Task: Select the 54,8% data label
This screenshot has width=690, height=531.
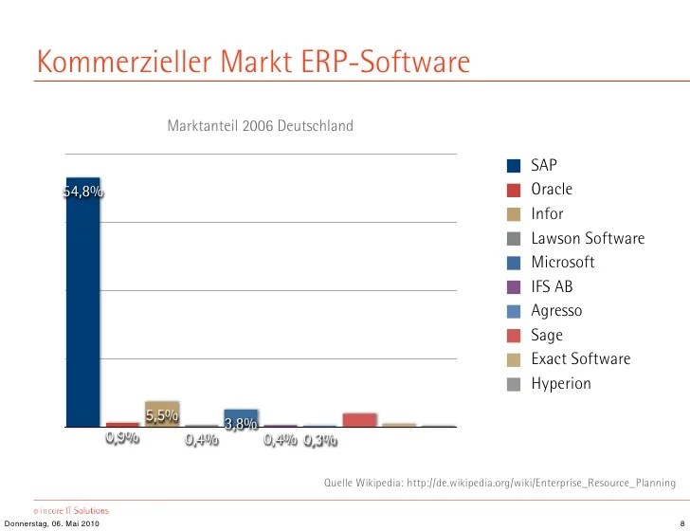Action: click(83, 192)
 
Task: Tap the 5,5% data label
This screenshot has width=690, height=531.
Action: click(162, 415)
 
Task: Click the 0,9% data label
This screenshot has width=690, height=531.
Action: click(122, 438)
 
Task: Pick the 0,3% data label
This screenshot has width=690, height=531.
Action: click(320, 440)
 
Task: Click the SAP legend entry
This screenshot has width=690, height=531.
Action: click(544, 165)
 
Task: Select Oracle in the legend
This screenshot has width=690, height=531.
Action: click(552, 189)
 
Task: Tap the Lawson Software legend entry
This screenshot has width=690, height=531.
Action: click(588, 238)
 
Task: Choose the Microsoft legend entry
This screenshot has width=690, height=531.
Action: click(563, 262)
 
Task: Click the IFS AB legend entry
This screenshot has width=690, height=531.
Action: click(552, 286)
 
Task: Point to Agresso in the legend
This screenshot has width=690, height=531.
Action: click(556, 311)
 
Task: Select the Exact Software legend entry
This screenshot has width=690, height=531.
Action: click(580, 359)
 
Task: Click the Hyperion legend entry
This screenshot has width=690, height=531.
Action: click(561, 384)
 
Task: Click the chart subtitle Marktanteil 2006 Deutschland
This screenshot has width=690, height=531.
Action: click(260, 125)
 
